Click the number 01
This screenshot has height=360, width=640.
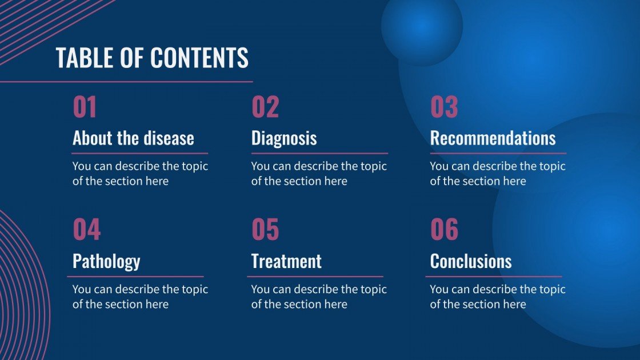85,107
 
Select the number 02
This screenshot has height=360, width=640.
265,107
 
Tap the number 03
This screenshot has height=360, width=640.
444,107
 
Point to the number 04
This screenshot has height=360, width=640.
86,230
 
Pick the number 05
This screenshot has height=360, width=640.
265,230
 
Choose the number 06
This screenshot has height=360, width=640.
444,230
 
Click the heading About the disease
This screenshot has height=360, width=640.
133,138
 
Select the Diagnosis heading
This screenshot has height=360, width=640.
284,138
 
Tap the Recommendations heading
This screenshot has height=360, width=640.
493,138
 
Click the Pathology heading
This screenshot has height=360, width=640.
106,261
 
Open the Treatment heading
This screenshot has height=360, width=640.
286,261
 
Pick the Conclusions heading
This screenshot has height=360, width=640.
471,261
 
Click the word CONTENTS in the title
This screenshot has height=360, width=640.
199,58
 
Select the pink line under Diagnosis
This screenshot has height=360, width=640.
319,153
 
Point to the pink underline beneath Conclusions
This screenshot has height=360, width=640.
494,277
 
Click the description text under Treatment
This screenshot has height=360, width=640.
318,297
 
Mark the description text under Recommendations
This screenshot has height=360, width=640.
497,174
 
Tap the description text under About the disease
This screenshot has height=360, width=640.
139,174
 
